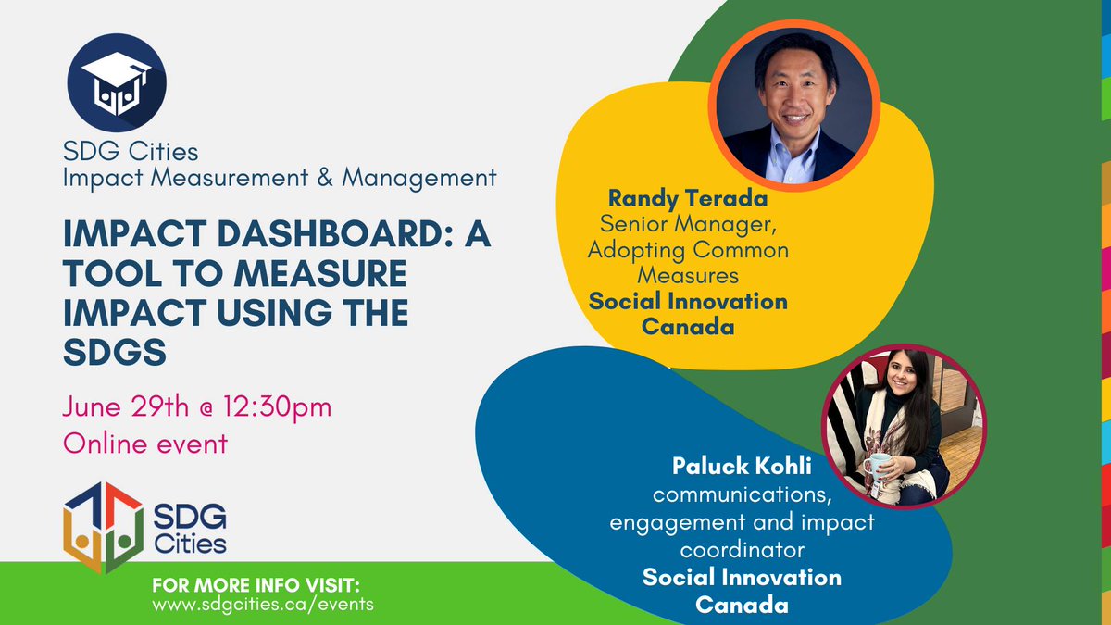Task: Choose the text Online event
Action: click(144, 443)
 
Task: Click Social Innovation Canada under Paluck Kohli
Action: click(742, 591)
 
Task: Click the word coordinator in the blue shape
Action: click(742, 549)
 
